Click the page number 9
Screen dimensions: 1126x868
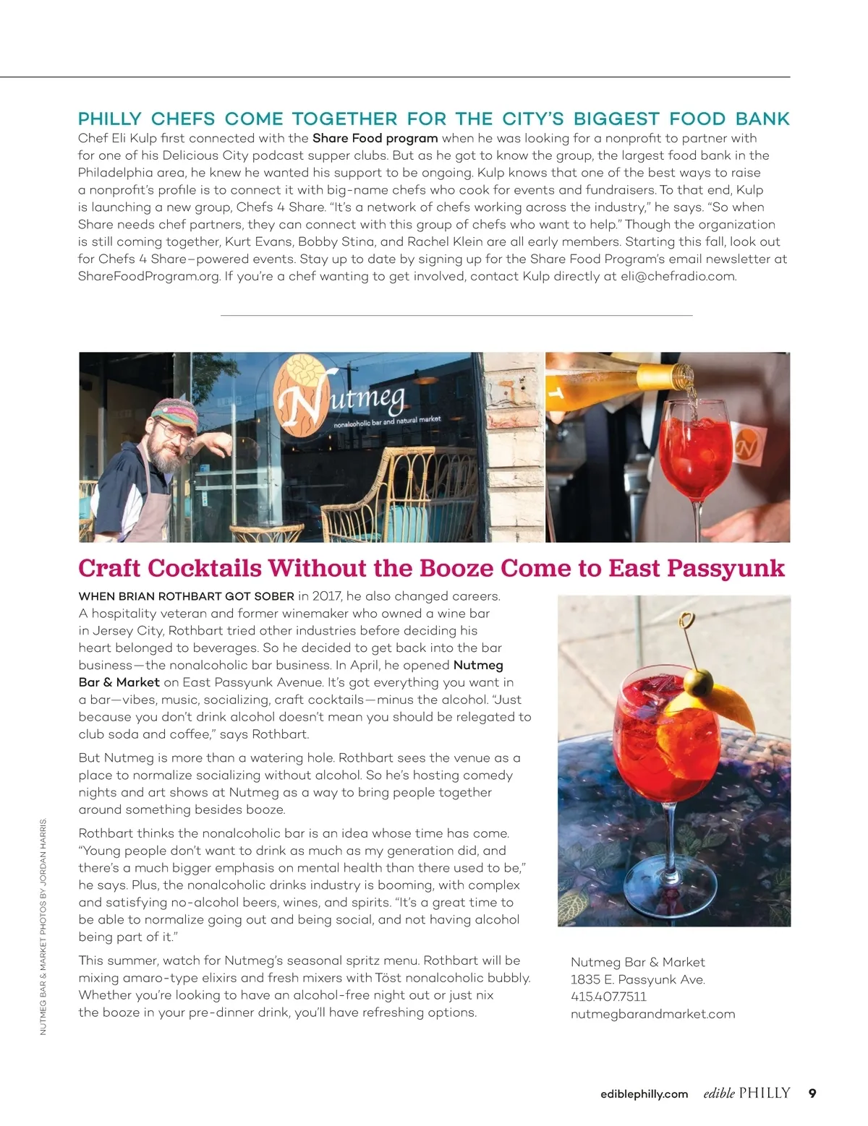[812, 1093]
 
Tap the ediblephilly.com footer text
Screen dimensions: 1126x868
[644, 1094]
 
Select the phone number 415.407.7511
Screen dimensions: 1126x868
[608, 997]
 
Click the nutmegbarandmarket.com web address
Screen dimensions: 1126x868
[652, 1014]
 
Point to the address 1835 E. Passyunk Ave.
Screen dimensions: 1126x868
[637, 979]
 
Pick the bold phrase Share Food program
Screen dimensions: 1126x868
[375, 138]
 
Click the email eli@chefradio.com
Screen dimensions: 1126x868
[678, 276]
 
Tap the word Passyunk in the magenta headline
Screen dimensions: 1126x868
[726, 568]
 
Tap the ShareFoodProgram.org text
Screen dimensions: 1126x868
[148, 276]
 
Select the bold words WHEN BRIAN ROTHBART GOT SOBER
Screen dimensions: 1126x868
[186, 596]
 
